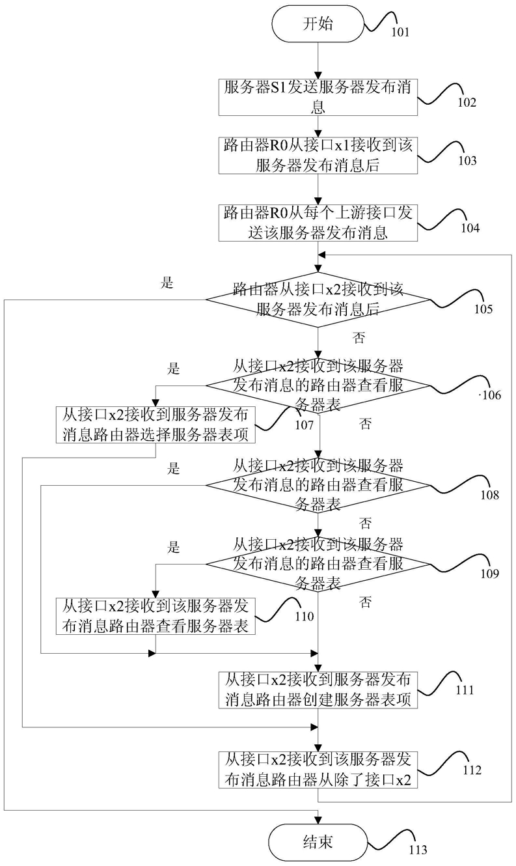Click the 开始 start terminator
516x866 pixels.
click(318, 24)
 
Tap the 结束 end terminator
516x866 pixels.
click(318, 842)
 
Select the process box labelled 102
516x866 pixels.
click(318, 97)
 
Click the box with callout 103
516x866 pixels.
click(318, 155)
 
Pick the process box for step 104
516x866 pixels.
click(318, 223)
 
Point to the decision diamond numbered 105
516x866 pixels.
click(318, 300)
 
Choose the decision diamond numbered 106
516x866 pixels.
click(318, 385)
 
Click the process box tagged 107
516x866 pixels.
click(156, 425)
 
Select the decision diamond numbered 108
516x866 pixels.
click(318, 485)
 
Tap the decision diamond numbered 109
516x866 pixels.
click(318, 564)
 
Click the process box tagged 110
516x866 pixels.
click(156, 616)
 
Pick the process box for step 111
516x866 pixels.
click(318, 690)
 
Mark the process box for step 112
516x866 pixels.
click(318, 770)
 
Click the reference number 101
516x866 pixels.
click(400, 32)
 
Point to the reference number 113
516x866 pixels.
click(418, 850)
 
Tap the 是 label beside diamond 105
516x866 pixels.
click(167, 283)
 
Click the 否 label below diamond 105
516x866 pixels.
click(359, 338)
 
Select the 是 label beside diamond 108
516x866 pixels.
click(174, 469)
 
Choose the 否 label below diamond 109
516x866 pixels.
click(366, 602)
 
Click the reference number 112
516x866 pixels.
click(472, 770)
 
